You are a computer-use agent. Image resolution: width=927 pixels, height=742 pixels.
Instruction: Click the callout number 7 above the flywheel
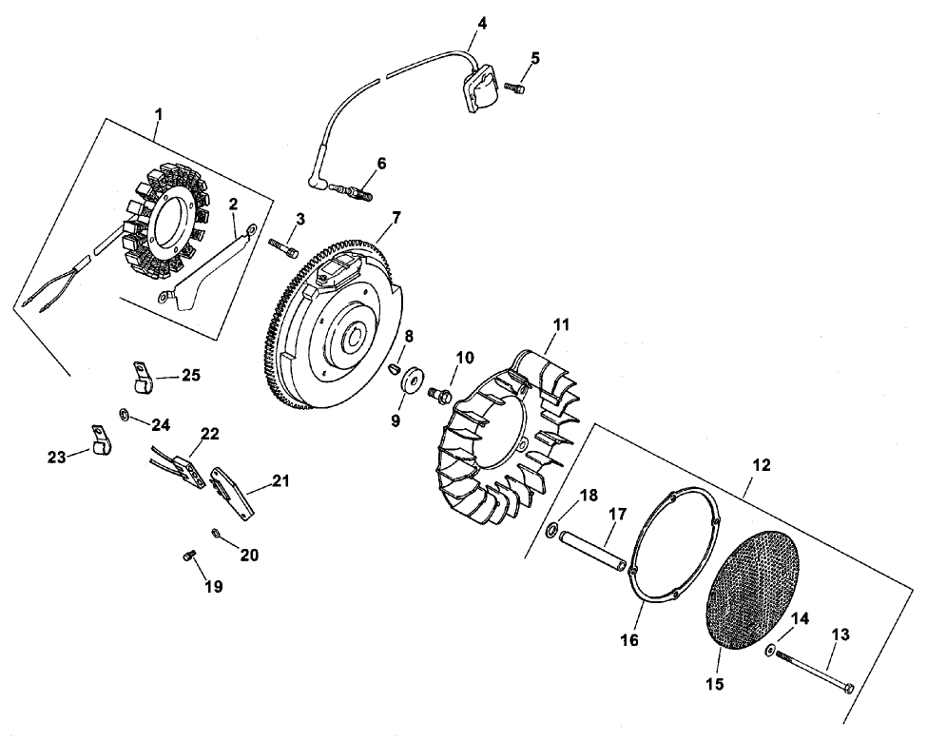(x=396, y=217)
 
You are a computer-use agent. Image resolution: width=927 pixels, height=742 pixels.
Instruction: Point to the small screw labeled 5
(x=515, y=88)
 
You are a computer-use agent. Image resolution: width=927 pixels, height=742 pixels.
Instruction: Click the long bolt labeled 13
(x=814, y=670)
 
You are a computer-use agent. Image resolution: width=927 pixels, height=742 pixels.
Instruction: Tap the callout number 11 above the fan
(x=562, y=325)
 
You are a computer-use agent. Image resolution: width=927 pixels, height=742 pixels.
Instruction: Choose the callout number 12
(x=761, y=465)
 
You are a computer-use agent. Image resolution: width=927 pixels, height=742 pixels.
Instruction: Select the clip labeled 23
(x=100, y=439)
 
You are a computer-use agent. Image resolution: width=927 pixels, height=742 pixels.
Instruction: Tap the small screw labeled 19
(x=188, y=556)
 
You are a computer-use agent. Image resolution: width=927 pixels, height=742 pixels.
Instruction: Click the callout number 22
(x=209, y=434)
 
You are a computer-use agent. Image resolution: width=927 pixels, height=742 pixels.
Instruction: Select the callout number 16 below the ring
(x=629, y=640)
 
